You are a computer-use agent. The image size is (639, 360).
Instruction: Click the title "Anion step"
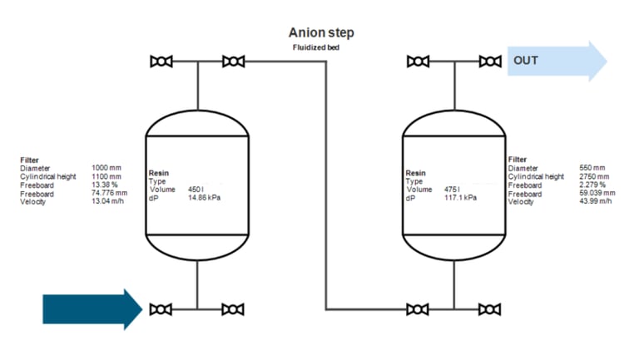pos(321,33)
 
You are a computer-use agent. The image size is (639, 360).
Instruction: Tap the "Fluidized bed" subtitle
pos(316,47)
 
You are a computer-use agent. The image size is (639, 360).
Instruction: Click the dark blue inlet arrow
pos(92,309)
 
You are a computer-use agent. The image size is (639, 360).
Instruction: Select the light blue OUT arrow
pos(557,61)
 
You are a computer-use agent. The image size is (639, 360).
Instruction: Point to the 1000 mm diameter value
pos(106,168)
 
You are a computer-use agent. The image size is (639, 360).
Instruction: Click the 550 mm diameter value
pos(592,168)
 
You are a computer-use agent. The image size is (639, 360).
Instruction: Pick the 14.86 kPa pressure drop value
pos(204,198)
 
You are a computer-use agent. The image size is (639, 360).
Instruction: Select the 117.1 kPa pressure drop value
pos(460,198)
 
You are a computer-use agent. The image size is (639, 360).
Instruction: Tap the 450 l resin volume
pos(196,190)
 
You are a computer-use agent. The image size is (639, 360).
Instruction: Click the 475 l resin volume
pos(452,190)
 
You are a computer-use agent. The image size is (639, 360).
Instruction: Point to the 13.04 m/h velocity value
pos(107,201)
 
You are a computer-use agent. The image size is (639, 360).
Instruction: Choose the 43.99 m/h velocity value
pos(596,201)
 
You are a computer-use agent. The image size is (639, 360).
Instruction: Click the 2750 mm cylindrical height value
pos(594,177)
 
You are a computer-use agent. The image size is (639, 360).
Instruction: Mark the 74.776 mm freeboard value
pos(109,193)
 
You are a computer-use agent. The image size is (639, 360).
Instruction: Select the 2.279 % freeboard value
pos(592,185)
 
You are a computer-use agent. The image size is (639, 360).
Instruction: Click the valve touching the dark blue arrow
pos(161,309)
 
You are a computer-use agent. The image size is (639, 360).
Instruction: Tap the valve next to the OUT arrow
pos(490,62)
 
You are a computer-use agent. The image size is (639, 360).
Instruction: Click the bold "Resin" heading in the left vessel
pos(159,173)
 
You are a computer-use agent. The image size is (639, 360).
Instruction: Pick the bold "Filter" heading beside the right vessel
pos(518,160)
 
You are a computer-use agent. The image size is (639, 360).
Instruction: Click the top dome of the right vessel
pos(454,111)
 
